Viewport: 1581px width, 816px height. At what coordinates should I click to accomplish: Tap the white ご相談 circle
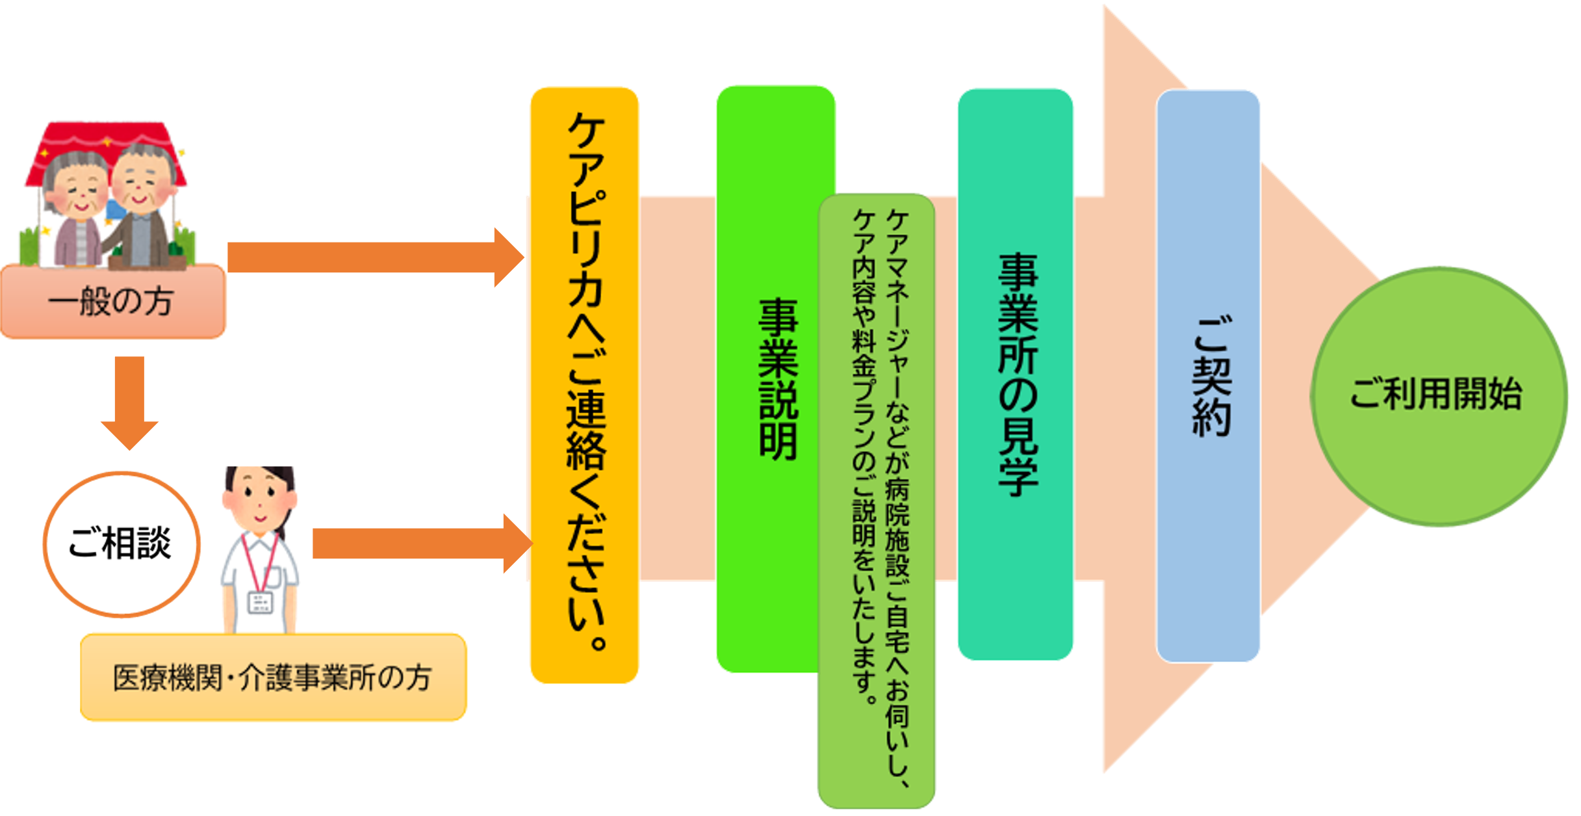121,544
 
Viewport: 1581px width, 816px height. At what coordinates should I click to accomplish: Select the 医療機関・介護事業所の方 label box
273,678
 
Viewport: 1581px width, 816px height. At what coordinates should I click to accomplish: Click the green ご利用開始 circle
1438,395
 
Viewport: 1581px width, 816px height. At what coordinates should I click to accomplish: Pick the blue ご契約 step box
1209,376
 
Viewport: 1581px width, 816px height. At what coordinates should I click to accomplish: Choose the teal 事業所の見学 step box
1015,374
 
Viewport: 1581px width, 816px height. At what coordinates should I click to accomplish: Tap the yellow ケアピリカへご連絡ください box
584,384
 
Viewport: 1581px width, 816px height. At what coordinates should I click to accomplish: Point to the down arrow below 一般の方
129,403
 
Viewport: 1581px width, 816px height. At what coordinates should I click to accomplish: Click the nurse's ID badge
260,602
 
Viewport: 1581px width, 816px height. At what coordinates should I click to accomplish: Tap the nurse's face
259,504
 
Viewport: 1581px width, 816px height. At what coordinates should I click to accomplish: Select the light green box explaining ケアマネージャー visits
876,501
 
